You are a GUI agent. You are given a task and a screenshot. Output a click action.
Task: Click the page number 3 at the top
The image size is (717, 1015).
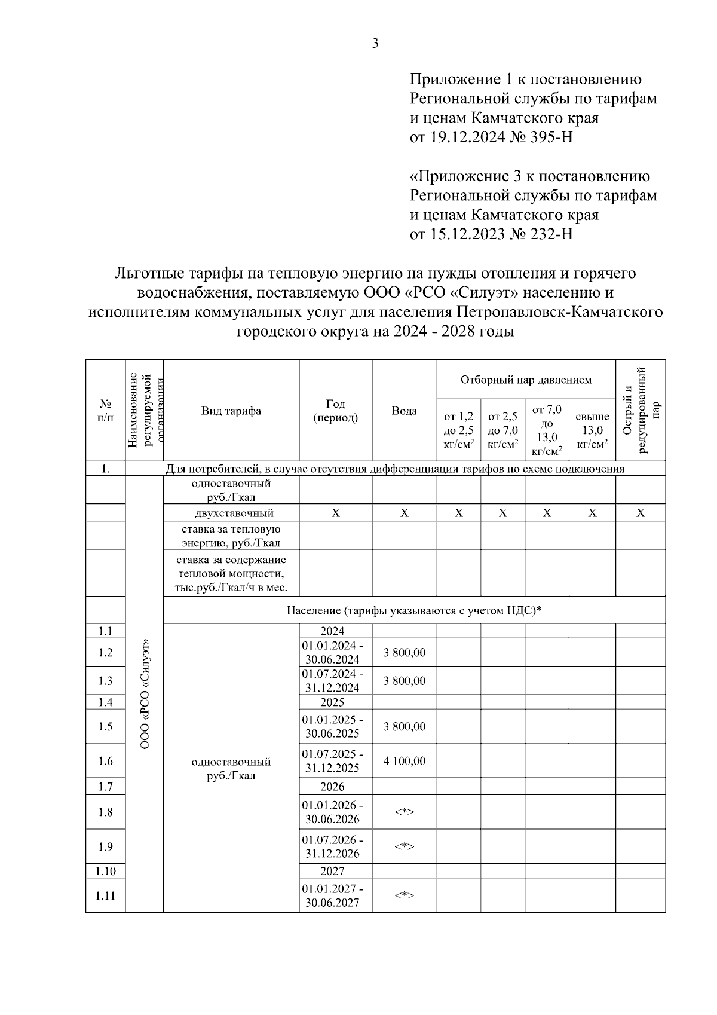375,43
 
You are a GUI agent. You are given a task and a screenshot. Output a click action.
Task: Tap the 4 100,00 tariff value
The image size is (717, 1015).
405,761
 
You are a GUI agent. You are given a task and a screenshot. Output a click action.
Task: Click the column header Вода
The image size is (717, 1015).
405,411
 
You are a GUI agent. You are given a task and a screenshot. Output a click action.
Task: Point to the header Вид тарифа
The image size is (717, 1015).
231,411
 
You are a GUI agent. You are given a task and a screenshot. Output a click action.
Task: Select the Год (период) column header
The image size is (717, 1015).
336,411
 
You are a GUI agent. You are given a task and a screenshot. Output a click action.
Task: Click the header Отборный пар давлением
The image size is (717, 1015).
526,380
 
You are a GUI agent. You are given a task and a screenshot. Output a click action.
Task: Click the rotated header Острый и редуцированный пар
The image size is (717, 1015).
641,410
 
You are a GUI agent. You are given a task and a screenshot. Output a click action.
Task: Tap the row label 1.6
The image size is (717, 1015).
105,761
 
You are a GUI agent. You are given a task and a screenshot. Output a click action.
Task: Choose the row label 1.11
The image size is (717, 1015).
105,895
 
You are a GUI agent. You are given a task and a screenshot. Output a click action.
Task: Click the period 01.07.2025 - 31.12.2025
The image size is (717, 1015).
332,761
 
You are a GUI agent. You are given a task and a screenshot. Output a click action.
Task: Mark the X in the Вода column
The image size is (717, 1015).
405,513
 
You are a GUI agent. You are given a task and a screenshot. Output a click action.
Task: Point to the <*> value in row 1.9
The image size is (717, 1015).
405,846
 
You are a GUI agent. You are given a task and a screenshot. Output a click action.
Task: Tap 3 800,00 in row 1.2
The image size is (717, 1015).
405,652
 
